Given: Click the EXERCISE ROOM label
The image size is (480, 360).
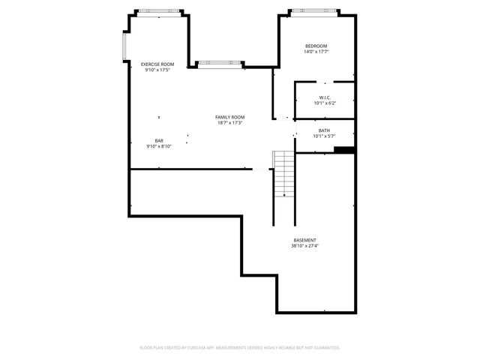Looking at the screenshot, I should (157, 64).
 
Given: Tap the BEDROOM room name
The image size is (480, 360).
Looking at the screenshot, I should (316, 46).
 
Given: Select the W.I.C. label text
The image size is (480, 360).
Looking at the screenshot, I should (325, 97).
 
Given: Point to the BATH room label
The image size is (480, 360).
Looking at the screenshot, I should (324, 130).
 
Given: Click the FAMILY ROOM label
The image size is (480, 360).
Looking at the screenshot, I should (230, 117).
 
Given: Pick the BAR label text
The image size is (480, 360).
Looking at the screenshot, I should (159, 141).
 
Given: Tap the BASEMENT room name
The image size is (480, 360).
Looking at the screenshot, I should (305, 240).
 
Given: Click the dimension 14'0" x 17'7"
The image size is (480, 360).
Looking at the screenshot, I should (316, 52).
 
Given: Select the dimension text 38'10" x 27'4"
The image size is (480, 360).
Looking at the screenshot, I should (305, 246).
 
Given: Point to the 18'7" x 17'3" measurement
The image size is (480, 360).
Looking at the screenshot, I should (230, 123).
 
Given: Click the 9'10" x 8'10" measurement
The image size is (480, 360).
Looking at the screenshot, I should (159, 147).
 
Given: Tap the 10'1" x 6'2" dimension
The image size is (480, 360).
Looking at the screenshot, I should (325, 103).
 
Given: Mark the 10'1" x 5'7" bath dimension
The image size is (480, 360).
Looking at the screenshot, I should (324, 136).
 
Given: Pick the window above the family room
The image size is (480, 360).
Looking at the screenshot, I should (220, 63).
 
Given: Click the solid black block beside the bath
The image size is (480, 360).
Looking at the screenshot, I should (344, 150).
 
